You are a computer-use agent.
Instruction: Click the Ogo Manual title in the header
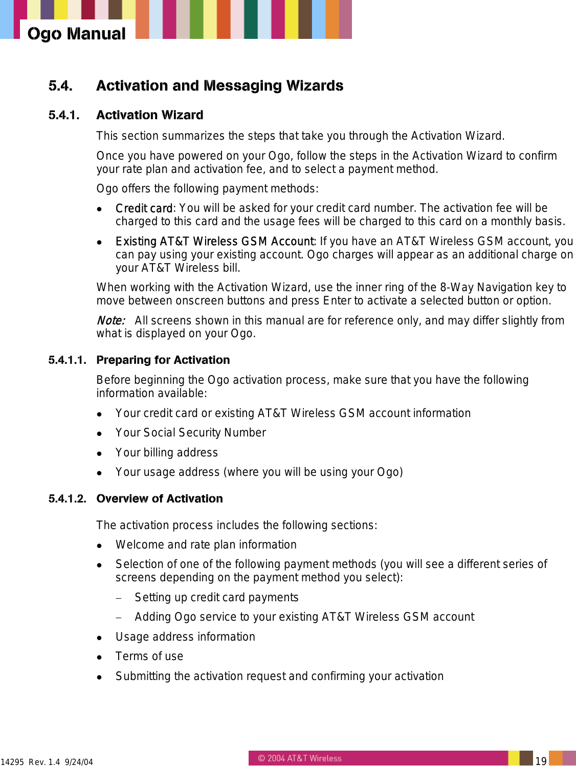coord(76,34)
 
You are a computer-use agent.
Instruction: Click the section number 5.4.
coord(60,86)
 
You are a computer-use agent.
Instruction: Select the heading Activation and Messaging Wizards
coord(219,86)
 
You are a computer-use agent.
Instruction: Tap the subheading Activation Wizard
coord(149,115)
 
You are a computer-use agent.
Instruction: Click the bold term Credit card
coord(144,208)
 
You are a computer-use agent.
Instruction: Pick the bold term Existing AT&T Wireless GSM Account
coord(214,242)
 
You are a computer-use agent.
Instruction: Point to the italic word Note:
coord(110,321)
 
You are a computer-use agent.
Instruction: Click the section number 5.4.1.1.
coord(67,360)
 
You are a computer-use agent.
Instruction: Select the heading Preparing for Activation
coord(163,360)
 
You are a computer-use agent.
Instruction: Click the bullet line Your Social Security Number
coord(190,433)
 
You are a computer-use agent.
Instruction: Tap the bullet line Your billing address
coord(166,453)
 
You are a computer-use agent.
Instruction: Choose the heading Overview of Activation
coord(159,499)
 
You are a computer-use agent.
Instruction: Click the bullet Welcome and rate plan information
coord(206,545)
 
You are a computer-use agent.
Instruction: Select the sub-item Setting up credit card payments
coord(216,598)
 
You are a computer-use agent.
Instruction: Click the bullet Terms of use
coord(149,656)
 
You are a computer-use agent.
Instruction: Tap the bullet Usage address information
coord(185,637)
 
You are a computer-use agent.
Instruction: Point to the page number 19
coord(541,761)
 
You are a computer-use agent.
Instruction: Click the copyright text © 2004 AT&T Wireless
coord(299,758)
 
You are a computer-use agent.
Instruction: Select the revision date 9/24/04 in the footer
coord(79,762)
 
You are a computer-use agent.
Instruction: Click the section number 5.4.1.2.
coord(67,499)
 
